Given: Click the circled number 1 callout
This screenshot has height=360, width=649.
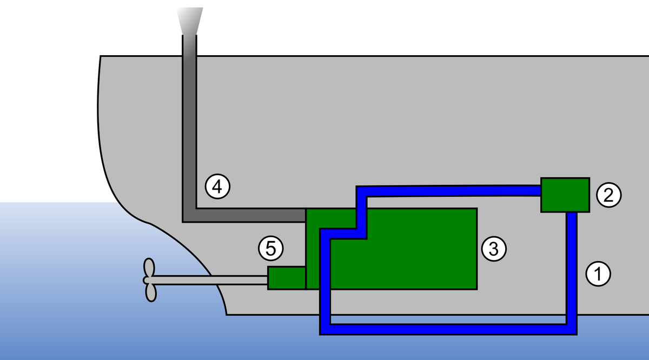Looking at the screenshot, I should coord(598,274).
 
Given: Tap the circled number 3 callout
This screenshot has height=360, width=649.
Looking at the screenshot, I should coord(493,249).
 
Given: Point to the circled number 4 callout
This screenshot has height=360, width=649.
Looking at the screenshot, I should coord(217,187).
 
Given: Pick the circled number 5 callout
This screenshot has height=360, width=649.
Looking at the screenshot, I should coord(271,249).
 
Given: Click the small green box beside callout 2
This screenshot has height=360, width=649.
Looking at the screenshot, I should coord(565,195).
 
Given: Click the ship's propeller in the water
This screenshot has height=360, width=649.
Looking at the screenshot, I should coord(150,279).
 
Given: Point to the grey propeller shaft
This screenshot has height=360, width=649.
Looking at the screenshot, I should coord(216,280).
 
